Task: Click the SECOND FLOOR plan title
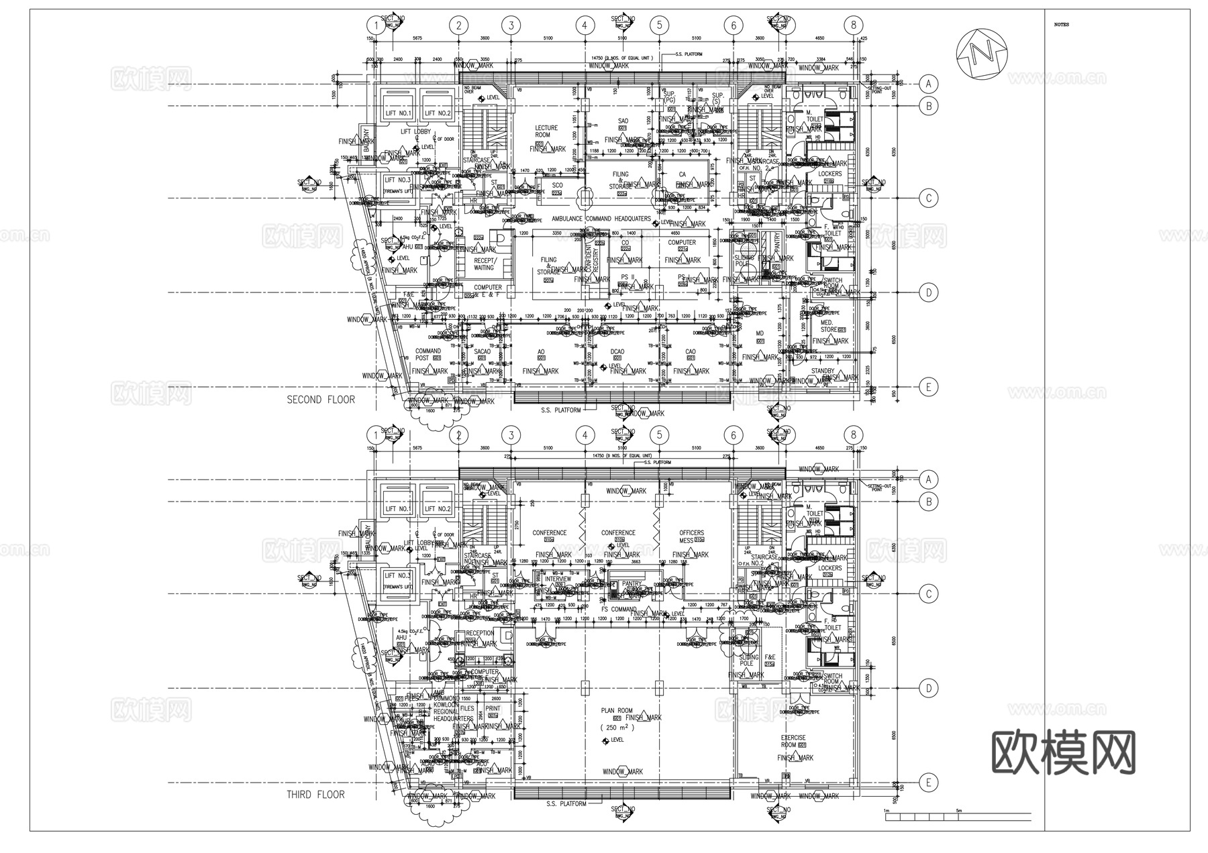point(321,400)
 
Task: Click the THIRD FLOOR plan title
point(315,795)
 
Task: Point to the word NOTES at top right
point(1061,25)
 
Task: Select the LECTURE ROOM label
point(546,131)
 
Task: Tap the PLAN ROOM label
point(616,710)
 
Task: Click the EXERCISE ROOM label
point(793,741)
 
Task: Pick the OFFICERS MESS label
point(691,536)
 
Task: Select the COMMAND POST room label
point(427,355)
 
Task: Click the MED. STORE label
point(829,326)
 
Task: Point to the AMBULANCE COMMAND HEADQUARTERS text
point(601,219)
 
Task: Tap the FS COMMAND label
point(618,610)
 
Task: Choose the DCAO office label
point(617,351)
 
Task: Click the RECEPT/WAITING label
point(484,264)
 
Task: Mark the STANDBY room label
point(822,371)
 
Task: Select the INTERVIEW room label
point(558,579)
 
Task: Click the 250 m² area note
point(617,727)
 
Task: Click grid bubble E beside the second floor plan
point(929,387)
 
